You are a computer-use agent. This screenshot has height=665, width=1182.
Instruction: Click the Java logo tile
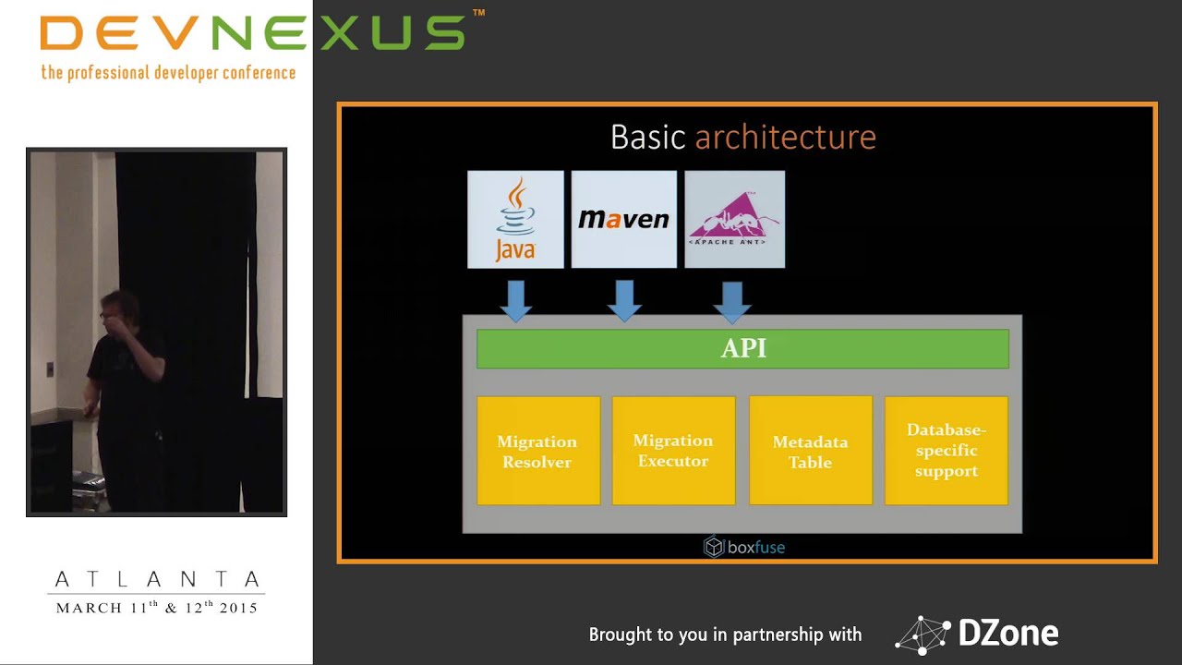515,220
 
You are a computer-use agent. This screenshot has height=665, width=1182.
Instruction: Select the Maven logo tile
623,220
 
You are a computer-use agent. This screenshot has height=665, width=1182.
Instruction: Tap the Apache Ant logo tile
734,220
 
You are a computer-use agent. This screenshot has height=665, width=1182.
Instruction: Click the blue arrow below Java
515,299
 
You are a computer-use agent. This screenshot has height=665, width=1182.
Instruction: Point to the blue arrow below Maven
624,299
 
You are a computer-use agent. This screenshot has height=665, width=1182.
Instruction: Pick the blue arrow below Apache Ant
733,299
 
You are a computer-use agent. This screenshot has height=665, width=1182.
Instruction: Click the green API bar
742,349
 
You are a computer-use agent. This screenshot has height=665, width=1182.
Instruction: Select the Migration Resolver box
537,451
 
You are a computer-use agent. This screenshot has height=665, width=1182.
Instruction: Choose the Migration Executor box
673,451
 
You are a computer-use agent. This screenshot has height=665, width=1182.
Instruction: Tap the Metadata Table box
810,451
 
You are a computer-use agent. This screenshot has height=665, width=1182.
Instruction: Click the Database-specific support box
946,451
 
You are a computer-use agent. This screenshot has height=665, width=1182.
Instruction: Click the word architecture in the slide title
785,138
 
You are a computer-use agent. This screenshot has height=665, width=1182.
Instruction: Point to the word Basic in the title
647,138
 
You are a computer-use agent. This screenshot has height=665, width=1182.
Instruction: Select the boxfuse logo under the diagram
744,547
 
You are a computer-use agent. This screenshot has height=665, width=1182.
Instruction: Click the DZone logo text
1007,634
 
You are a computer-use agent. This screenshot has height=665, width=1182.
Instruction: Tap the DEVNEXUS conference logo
251,33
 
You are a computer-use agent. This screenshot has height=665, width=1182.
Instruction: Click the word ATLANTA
157,580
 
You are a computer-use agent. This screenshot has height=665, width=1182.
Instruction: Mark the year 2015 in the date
238,608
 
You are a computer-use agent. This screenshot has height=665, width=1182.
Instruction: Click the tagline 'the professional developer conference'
168,72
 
